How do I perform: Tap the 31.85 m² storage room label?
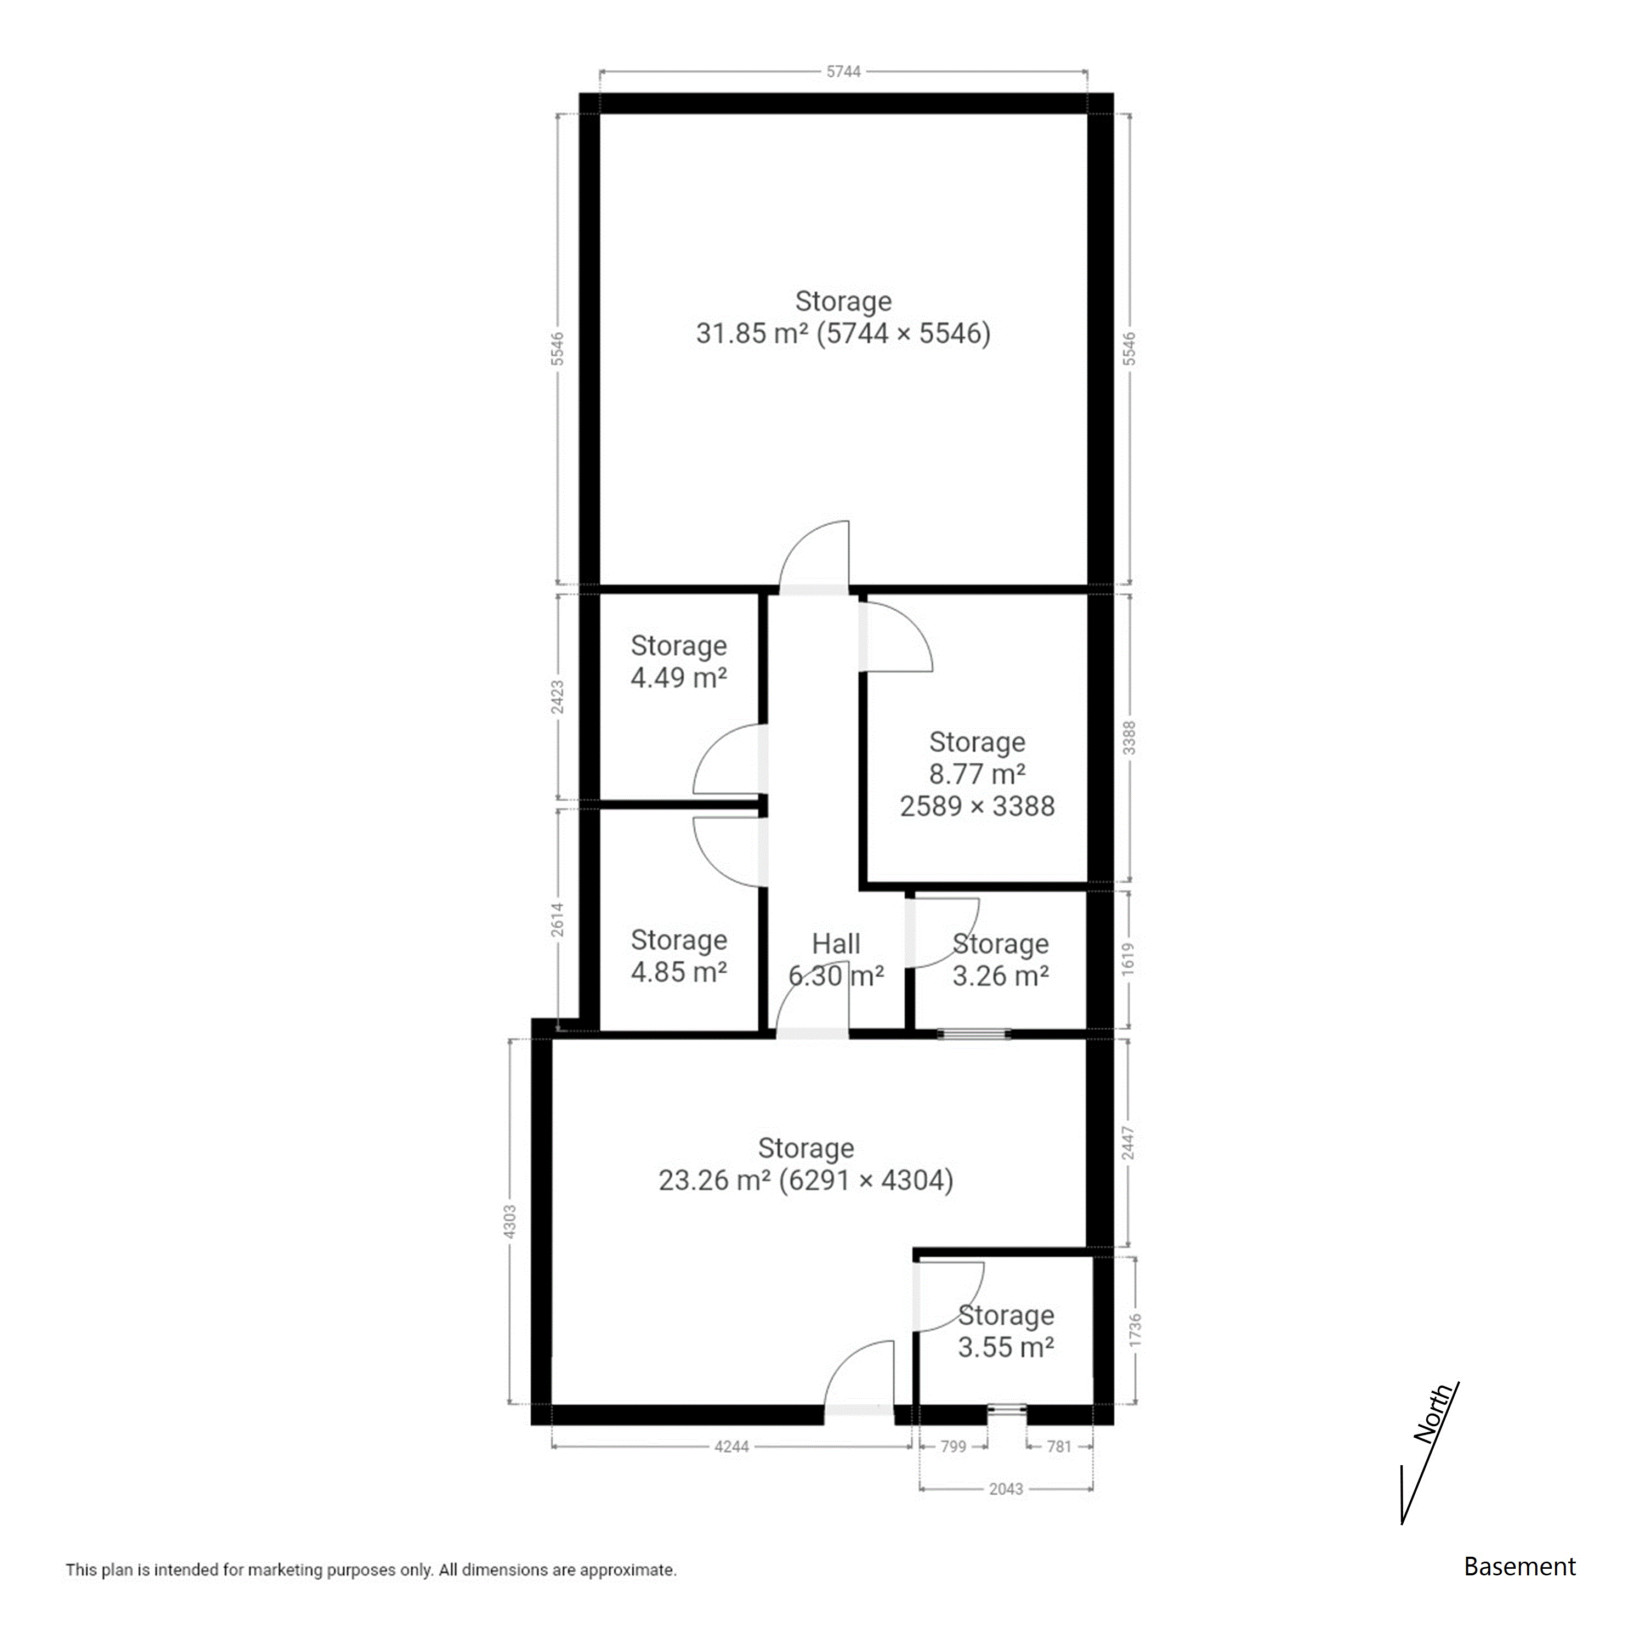[x=843, y=317]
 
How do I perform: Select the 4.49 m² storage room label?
[x=679, y=662]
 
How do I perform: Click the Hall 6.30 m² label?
[x=836, y=960]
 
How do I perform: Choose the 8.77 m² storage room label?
[x=978, y=774]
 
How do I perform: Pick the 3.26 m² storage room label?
[x=1001, y=960]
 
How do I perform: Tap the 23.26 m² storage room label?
[x=806, y=1164]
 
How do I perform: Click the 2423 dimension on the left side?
[x=558, y=697]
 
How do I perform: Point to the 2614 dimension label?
[x=558, y=920]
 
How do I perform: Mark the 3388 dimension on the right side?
[x=1129, y=738]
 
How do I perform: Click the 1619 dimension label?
[x=1129, y=960]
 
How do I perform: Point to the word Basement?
[x=1520, y=1567]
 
